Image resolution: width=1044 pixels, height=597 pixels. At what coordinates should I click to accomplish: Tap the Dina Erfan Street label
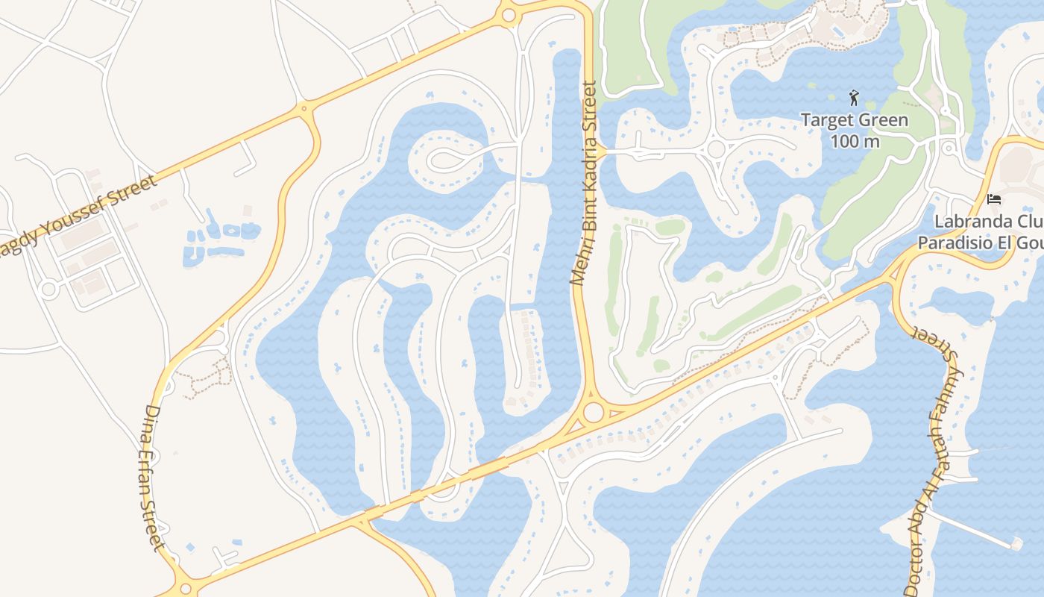click(x=152, y=478)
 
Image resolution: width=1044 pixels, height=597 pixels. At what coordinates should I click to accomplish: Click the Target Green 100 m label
click(x=855, y=130)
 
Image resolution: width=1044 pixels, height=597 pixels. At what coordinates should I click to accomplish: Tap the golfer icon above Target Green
click(x=855, y=97)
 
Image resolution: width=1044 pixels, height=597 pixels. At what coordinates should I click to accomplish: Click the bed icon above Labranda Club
click(x=993, y=199)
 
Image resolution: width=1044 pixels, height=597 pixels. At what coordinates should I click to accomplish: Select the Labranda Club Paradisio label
click(x=981, y=232)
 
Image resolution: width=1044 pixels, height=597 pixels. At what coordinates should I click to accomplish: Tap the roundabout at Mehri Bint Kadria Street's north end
click(x=509, y=15)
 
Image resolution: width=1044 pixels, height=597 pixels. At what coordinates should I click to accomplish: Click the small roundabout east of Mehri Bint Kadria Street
click(x=716, y=149)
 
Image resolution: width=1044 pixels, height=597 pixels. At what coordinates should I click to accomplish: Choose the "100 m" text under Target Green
click(x=855, y=140)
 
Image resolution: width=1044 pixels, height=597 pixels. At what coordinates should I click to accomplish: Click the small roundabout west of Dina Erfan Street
click(x=48, y=289)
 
